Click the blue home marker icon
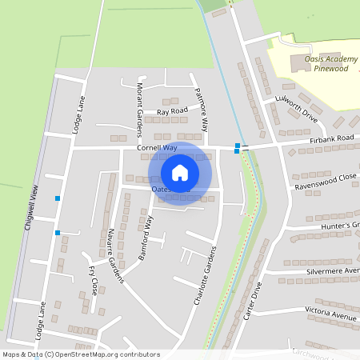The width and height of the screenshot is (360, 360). pos(180,172)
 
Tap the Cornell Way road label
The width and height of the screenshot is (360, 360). pos(157,148)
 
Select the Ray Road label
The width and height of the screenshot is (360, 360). pos(172,110)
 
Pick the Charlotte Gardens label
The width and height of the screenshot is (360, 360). pos(206,274)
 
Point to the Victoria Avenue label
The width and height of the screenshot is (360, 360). pos(330,313)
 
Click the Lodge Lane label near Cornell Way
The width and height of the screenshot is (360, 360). pos(78,114)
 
